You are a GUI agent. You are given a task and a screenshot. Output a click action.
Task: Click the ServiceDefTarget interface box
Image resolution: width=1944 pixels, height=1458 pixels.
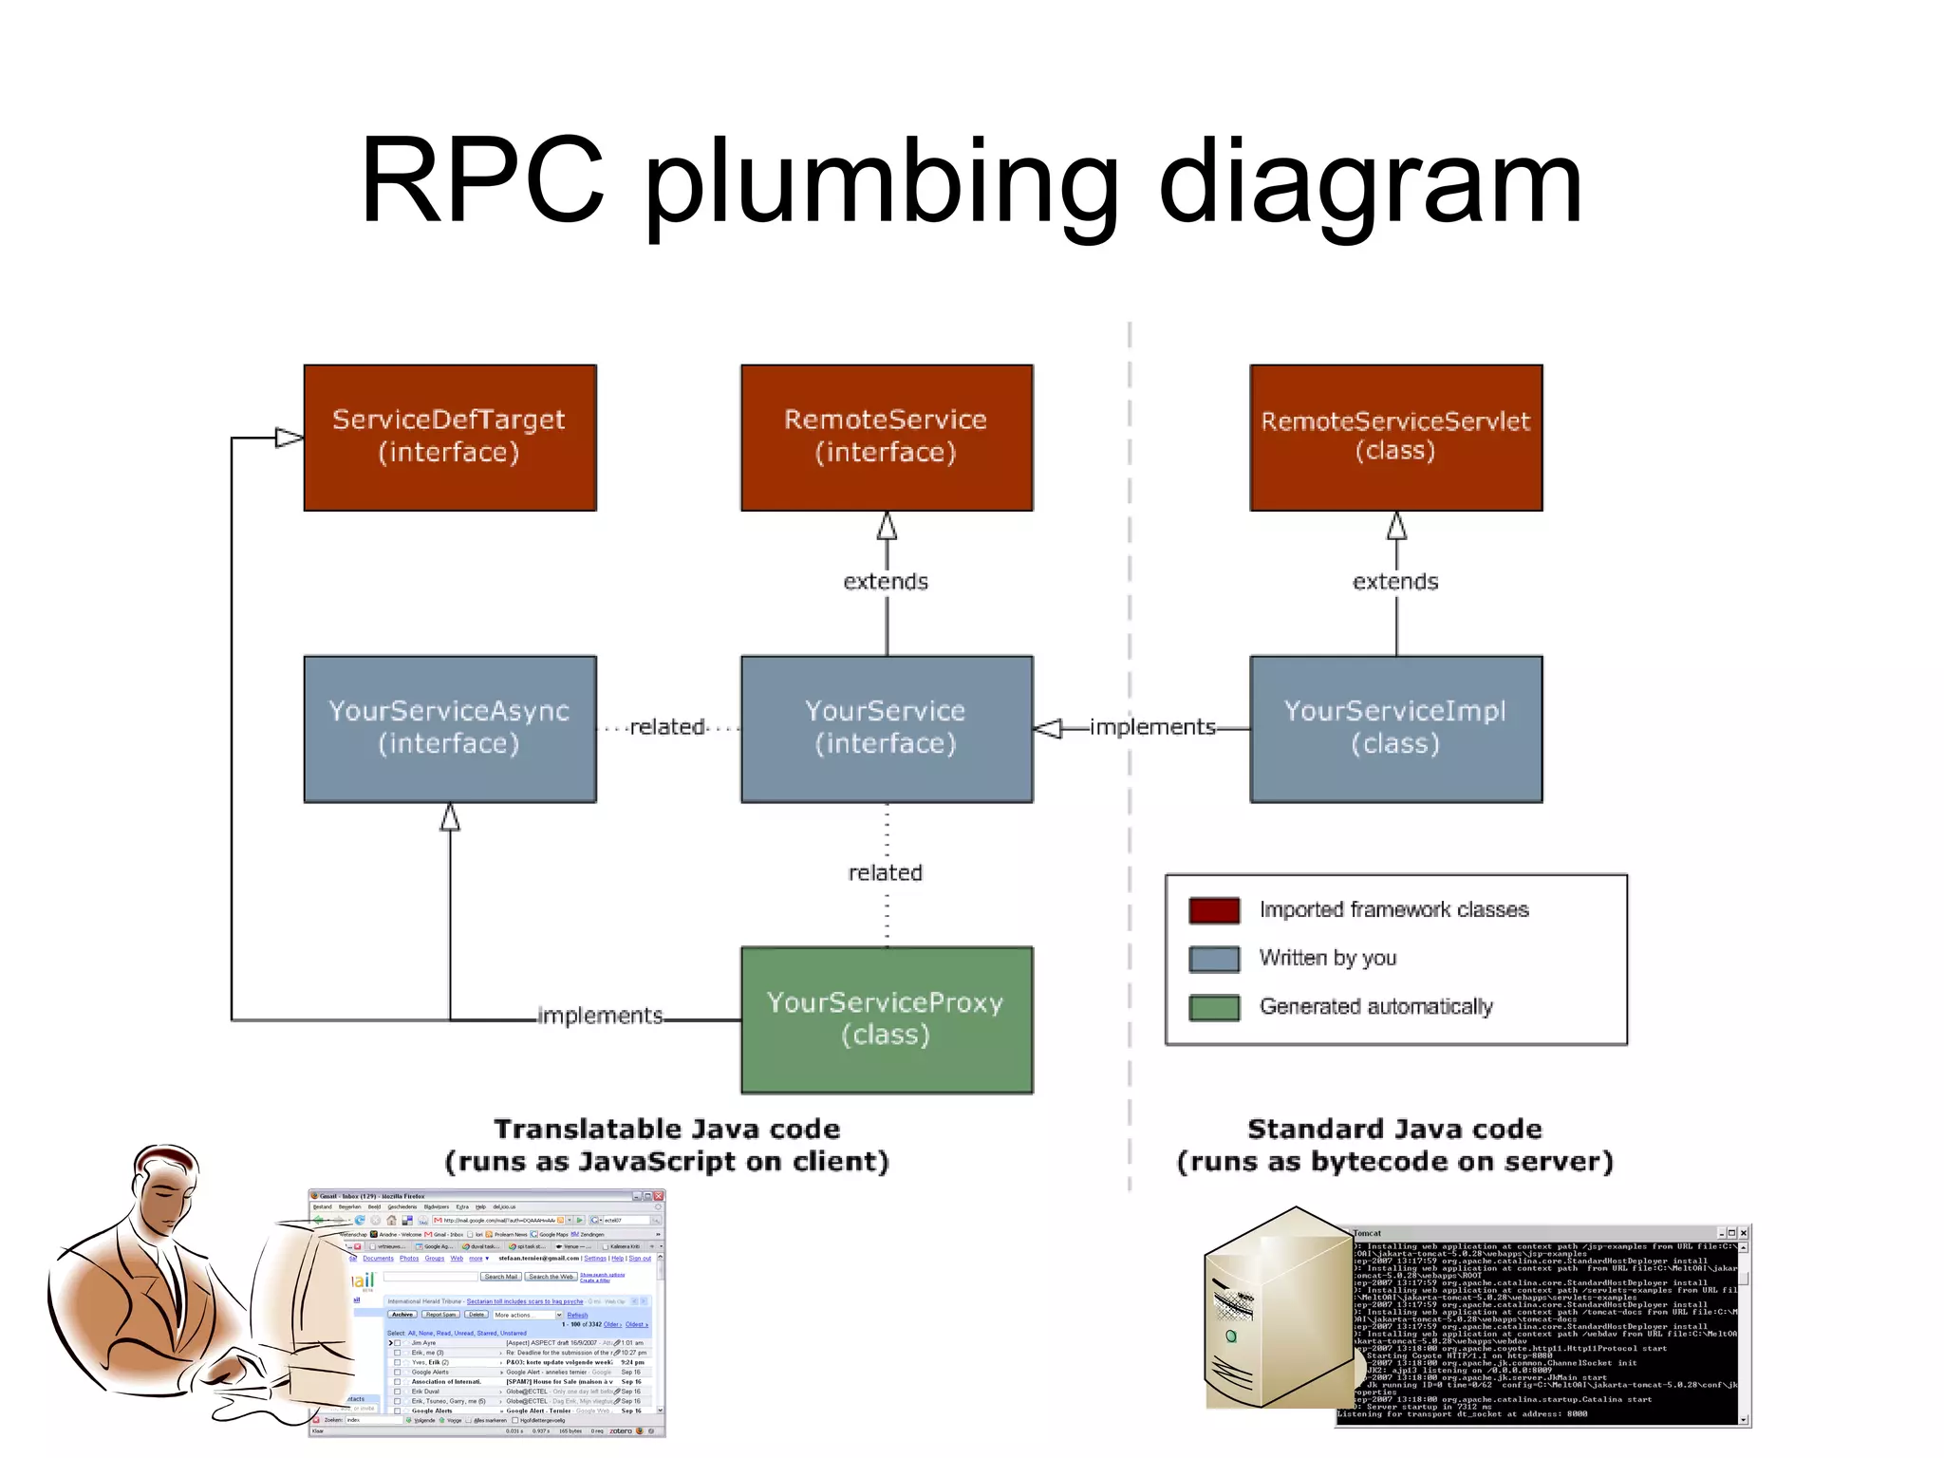pos(450,438)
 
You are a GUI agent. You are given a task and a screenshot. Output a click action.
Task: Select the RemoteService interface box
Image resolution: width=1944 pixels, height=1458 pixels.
pos(887,438)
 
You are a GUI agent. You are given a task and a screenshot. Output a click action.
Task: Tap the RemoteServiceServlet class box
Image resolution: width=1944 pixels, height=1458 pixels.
pos(1395,438)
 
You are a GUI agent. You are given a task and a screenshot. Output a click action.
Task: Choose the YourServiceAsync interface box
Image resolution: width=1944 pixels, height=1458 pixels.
pos(450,728)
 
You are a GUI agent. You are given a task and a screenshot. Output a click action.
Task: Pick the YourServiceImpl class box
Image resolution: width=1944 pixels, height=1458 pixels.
pos(1395,728)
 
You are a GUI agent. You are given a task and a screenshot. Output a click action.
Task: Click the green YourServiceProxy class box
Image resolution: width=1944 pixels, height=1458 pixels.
pos(887,1019)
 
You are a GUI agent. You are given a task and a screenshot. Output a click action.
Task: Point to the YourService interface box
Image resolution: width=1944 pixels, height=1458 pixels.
pos(887,728)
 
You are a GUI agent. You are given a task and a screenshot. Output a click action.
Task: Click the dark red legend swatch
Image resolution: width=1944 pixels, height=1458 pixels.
pos(1214,910)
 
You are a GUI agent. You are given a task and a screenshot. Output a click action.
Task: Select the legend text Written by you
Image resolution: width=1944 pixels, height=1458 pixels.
pos(1327,958)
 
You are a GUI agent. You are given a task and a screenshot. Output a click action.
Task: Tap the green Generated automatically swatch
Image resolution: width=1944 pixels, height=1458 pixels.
pos(1214,1007)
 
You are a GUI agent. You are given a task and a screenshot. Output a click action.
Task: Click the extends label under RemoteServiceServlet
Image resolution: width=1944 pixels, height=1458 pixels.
pos(1395,582)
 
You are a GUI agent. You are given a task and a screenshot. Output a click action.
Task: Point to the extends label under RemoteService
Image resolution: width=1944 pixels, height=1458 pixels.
pos(886,582)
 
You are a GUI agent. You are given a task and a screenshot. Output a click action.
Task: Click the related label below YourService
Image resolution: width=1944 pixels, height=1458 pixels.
pos(886,872)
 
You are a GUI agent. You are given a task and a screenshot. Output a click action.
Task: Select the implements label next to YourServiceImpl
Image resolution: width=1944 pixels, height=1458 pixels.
pos(1152,727)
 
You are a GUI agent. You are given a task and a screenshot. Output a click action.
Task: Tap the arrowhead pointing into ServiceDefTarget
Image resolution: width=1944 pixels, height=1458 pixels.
pos(290,438)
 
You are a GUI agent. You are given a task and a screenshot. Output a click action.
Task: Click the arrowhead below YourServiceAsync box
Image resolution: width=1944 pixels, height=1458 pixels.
pos(450,817)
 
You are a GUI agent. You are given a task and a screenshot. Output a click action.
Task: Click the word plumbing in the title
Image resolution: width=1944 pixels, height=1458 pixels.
pos(882,182)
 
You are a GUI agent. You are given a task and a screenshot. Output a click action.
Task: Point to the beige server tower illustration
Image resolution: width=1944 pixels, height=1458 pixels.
pos(1272,1310)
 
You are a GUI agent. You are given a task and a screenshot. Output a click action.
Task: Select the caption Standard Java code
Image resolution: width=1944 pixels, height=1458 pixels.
pos(1394,1129)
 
